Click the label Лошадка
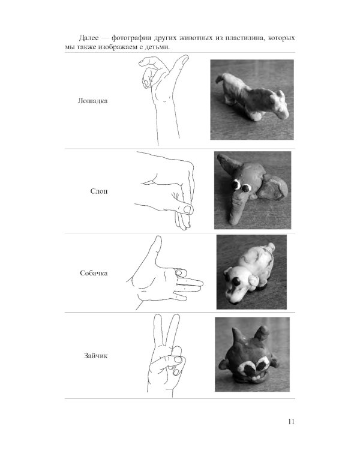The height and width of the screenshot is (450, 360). point(92,101)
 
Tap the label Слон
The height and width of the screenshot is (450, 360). point(99,191)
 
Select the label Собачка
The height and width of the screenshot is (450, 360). point(94,273)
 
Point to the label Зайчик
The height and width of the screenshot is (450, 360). point(95,356)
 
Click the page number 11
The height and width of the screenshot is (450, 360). point(291,422)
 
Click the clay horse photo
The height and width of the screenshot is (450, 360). point(252,100)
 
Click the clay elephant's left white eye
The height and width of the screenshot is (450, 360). point(236,185)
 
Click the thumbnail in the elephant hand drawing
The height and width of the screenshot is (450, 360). point(188,209)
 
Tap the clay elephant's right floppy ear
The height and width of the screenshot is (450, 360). point(272,188)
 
